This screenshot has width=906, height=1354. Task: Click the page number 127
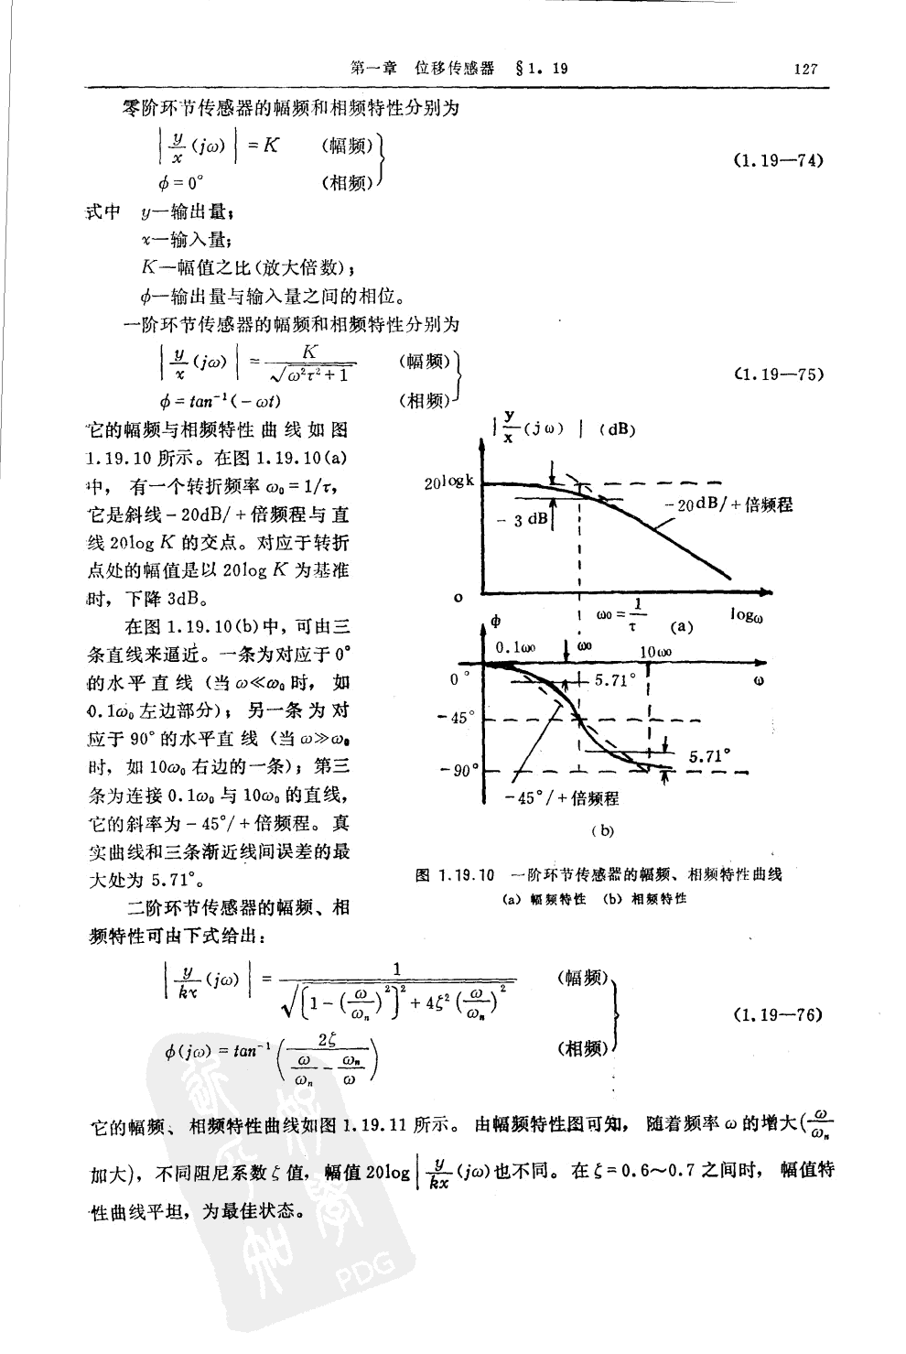coord(805,69)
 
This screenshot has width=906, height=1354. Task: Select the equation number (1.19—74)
coord(779,160)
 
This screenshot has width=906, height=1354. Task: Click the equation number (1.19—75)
coord(780,374)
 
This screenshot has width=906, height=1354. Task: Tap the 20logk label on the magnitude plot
coord(449,482)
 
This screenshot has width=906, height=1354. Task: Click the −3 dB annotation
coord(529,520)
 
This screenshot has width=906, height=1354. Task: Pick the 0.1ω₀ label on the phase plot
coord(516,647)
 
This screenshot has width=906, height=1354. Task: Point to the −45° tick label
coord(461,718)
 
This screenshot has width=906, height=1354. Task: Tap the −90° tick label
coord(461,770)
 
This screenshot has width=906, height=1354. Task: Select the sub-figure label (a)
coord(682,627)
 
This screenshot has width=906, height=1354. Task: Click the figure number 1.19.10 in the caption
coord(467,874)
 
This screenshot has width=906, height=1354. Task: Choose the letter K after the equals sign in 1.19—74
coord(271,145)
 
